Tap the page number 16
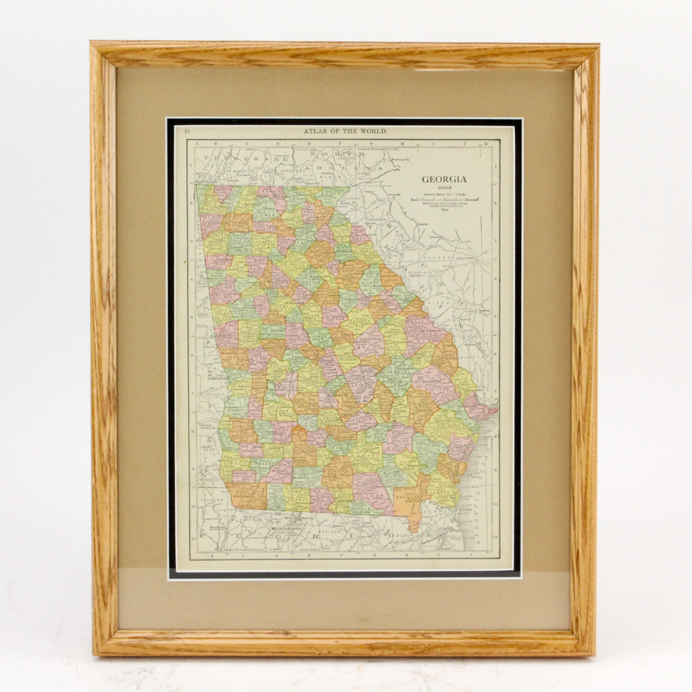click(x=179, y=130)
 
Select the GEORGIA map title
click(x=444, y=179)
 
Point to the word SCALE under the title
click(x=444, y=188)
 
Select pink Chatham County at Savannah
click(x=480, y=409)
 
